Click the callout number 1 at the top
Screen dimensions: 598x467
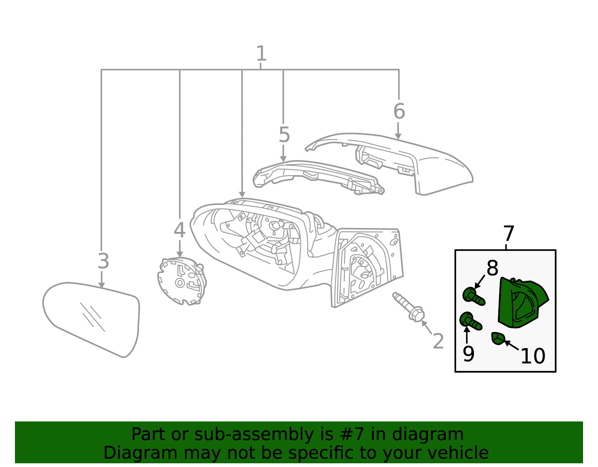coord(261,53)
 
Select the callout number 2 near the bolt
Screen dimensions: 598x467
coord(438,341)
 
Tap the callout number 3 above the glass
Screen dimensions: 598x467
coord(104,261)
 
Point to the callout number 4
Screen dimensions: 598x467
coord(179,230)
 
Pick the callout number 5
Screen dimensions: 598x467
coord(284,135)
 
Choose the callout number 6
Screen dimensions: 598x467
coord(399,111)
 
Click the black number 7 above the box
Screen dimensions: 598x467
coord(509,233)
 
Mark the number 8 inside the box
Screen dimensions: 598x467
coord(492,268)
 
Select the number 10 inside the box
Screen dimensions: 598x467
coord(533,356)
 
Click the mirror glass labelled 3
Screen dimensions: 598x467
coord(91,320)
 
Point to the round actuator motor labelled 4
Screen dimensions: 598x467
coord(182,281)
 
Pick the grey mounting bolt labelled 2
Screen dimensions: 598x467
coord(409,307)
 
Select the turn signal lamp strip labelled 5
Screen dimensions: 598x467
coord(318,177)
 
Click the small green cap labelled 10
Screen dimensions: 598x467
coord(498,338)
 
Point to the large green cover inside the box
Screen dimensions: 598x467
coord(523,303)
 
